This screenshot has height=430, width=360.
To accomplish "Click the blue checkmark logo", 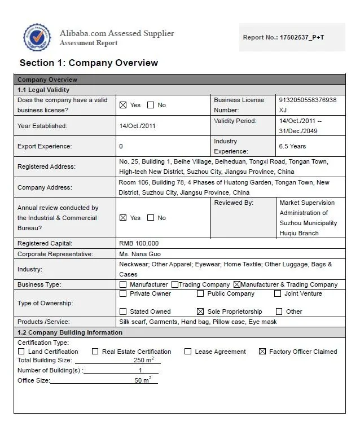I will coord(37,38).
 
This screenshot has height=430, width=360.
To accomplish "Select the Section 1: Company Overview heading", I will coord(89,63).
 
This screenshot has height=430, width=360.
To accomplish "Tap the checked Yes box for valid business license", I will coord(123,105).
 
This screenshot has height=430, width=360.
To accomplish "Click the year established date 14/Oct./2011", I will coord(137,126).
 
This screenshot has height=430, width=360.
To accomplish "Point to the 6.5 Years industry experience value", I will coord(292,146).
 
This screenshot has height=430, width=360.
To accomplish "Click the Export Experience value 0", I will coord(121,146).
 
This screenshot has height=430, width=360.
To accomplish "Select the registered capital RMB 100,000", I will coord(139,243).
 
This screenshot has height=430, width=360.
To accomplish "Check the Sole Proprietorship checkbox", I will coord(200,311).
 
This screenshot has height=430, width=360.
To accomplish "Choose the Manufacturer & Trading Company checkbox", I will coord(236,284).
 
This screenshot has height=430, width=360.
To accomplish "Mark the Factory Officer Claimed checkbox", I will coord(262,352).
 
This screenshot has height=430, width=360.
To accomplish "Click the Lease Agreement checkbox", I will coord(188,352).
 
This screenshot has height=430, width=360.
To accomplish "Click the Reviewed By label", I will coord(234,203).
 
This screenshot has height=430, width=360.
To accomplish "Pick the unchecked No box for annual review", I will coord(151,218).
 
